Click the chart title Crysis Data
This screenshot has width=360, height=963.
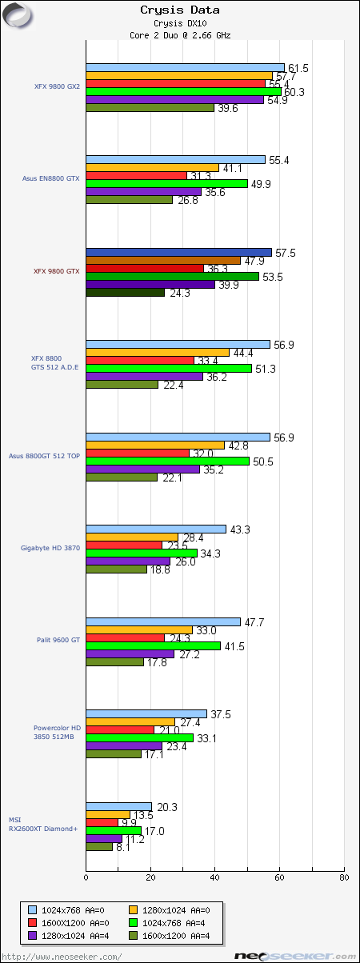coord(179,10)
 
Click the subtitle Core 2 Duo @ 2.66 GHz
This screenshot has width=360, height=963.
coord(179,34)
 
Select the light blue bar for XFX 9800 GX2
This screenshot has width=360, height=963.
coord(185,68)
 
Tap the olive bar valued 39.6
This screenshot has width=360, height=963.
coord(150,108)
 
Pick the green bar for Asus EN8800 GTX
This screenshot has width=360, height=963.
coord(166,184)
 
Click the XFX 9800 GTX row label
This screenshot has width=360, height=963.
coord(56,271)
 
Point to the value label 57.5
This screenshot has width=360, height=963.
coord(285,253)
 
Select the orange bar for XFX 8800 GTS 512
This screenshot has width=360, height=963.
coord(158,353)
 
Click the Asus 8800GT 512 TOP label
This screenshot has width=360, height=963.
coord(45,456)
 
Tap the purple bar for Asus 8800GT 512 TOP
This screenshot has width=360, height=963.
coord(142,470)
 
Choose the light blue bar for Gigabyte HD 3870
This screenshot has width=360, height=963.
coord(156,529)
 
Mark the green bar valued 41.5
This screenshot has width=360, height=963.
coord(153,645)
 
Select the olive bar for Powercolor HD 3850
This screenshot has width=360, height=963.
coord(114,754)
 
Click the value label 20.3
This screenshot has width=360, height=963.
coord(166,806)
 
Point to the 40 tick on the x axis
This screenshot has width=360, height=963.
coord(215,877)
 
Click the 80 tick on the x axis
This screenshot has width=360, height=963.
coord(344,877)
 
